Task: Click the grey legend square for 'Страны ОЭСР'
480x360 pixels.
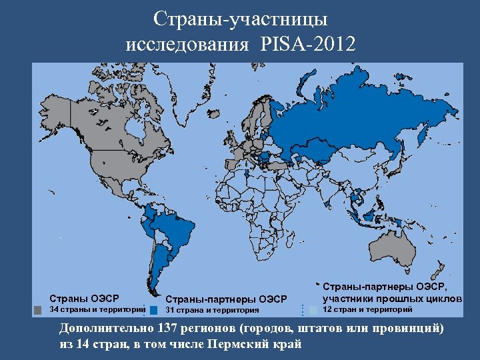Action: point(38,310)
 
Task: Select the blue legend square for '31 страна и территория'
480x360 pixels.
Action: point(154,310)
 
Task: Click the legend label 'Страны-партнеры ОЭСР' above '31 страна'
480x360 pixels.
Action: point(225,298)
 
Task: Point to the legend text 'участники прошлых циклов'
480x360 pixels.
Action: point(392,298)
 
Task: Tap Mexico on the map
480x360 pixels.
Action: point(107,184)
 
